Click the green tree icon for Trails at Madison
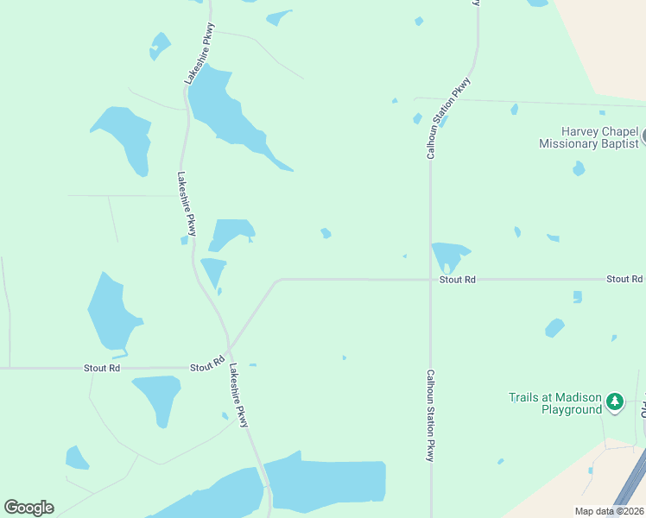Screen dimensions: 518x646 614,401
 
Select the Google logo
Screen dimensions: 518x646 28,508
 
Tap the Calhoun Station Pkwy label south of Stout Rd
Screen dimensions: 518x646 428,416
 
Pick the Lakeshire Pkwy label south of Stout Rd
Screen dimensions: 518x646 239,395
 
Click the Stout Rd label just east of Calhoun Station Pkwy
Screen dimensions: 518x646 457,280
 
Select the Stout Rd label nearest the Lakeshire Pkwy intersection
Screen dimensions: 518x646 207,367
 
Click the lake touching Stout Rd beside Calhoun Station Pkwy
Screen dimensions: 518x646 448,256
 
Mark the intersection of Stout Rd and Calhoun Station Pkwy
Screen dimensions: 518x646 430,280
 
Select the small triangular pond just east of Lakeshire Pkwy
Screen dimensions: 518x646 213,271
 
